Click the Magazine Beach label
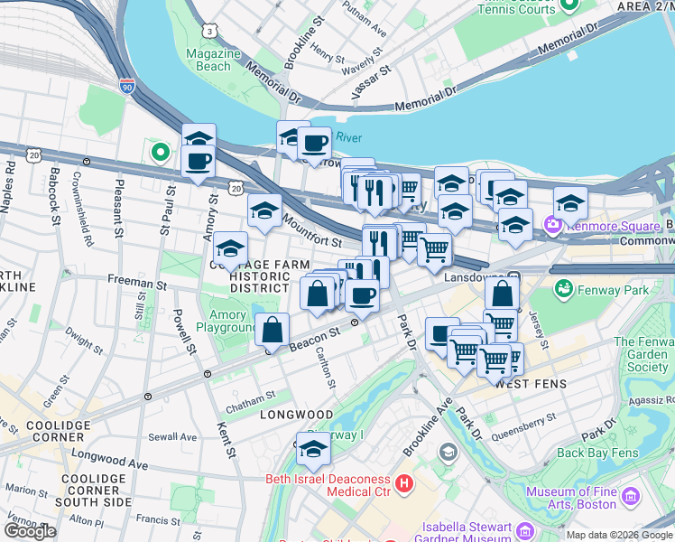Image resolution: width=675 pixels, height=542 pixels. point(214,60)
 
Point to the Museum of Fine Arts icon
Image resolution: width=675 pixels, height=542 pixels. point(631,496)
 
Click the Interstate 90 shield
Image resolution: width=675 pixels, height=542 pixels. point(127,87)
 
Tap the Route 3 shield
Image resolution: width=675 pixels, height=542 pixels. point(209,30)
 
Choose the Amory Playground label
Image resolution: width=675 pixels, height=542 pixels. point(227,321)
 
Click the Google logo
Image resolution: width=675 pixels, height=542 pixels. point(30,531)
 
